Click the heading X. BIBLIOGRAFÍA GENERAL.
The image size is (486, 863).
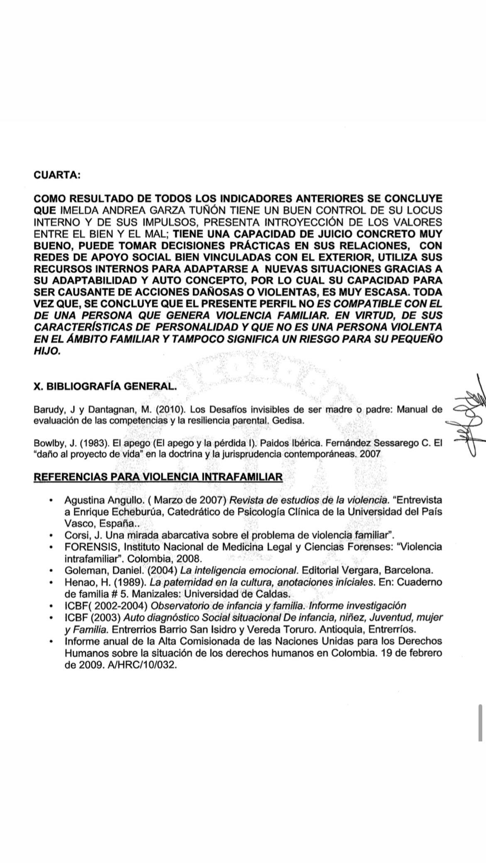click(x=105, y=387)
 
